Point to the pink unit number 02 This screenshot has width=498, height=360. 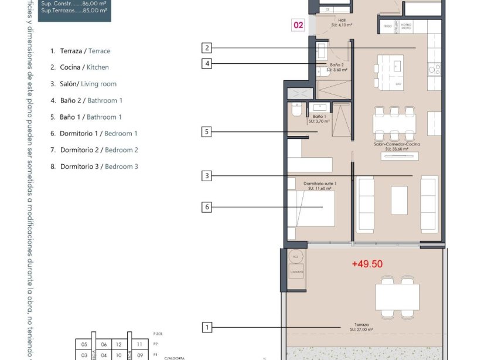pos(299,25)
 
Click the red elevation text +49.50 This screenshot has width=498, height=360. pos(367,264)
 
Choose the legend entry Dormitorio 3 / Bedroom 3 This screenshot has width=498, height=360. pos(94,167)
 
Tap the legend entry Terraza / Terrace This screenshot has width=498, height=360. pos(80,51)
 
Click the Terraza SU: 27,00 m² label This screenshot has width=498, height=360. pos(361,327)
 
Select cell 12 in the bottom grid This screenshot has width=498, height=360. pos(119,345)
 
